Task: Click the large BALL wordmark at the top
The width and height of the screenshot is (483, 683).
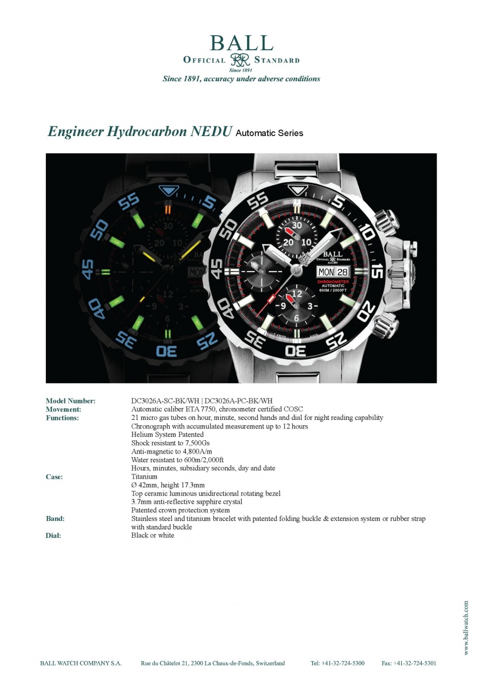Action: click(x=241, y=43)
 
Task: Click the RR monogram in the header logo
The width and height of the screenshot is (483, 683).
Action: click(x=240, y=60)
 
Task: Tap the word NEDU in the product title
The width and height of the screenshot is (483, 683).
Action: click(x=211, y=131)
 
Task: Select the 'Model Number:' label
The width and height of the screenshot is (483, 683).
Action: click(x=71, y=401)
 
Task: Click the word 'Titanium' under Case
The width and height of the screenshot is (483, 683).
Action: click(x=144, y=476)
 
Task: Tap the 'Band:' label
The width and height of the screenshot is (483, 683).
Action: click(x=55, y=518)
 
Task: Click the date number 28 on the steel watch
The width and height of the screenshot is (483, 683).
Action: click(x=342, y=272)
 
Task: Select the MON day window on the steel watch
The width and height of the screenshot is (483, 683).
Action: click(x=326, y=272)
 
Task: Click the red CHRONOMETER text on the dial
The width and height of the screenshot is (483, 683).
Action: click(x=332, y=282)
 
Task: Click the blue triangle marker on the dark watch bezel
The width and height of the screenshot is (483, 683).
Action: click(x=168, y=191)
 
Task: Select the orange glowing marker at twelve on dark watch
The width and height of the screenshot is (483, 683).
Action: click(x=168, y=210)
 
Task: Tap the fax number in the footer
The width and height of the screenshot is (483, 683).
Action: click(x=409, y=663)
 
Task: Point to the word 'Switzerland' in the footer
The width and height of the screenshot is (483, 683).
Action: click(x=270, y=663)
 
